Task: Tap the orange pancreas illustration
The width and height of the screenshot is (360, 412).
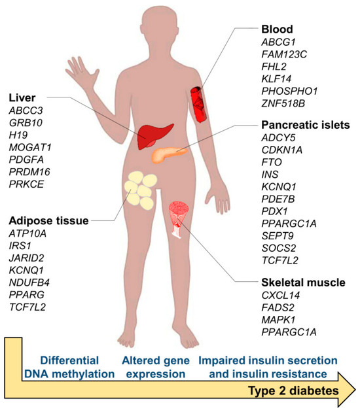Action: pos(168,154)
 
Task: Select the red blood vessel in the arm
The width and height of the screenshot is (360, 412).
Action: pos(198,105)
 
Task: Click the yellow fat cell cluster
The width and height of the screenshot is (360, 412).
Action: pos(141,190)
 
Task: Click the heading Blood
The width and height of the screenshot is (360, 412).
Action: pos(277,29)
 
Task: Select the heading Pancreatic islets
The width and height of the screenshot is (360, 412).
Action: pos(306,125)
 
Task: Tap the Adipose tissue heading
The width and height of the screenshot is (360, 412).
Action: pos(49,221)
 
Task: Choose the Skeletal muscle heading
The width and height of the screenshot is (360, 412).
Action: pos(303,283)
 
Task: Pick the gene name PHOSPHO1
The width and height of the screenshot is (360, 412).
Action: pos(289,91)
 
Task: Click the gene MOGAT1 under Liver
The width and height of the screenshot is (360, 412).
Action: pos(30,147)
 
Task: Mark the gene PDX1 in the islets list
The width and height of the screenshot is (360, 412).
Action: pos(274,211)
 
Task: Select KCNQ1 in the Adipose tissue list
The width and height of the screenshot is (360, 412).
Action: pos(26,270)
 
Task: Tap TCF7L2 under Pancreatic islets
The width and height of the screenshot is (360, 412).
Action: pos(280,260)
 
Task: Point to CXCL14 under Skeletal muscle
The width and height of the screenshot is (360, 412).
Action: pos(281,296)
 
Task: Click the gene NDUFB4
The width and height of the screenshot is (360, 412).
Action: pos(29,283)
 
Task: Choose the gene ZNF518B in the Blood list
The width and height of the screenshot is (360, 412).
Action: pos(283,103)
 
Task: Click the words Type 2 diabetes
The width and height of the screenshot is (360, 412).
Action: pos(293,390)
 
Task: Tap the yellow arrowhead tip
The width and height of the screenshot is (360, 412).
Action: pos(355,390)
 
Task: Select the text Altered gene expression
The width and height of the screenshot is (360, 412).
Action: pos(156,368)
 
